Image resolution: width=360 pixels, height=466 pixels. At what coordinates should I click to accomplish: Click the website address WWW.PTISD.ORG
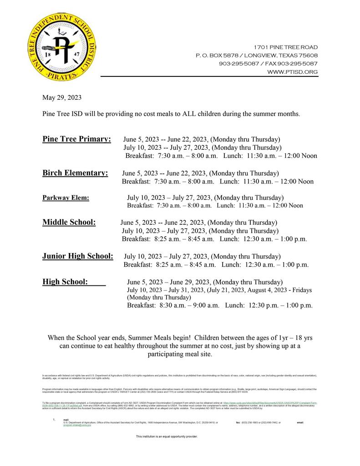pyautogui.click(x=292, y=72)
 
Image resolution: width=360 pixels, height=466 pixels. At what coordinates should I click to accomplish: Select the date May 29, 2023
pyautogui.click(x=62, y=97)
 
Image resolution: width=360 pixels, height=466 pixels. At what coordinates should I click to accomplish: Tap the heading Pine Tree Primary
pyautogui.click(x=76, y=139)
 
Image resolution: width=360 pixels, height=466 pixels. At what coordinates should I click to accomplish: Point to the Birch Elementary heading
pyautogui.click(x=75, y=173)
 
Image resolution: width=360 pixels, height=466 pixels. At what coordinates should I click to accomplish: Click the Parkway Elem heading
pyautogui.click(x=66, y=198)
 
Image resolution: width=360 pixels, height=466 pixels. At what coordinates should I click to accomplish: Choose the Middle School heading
pyautogui.click(x=69, y=222)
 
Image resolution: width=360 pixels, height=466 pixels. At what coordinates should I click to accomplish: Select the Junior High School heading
pyautogui.click(x=78, y=256)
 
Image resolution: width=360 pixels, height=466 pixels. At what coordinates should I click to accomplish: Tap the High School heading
pyautogui.click(x=65, y=282)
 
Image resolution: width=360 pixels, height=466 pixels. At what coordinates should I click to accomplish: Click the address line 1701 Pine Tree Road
pyautogui.click(x=286, y=47)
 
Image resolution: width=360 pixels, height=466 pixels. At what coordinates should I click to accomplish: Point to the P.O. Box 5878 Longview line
pyautogui.click(x=257, y=56)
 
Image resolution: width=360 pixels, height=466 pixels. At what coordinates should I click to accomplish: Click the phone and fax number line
pyautogui.click(x=268, y=64)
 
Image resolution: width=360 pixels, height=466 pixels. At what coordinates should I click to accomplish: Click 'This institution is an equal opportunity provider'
pyautogui.click(x=167, y=436)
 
